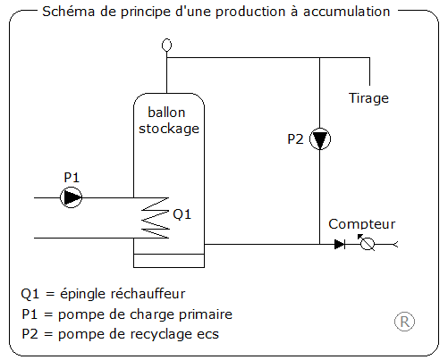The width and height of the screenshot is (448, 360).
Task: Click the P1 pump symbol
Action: pos(72,197)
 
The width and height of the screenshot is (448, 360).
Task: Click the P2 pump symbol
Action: pos(321,140)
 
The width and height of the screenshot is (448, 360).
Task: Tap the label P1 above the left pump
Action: pos(72,177)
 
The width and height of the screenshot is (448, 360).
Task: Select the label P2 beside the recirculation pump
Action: pos(296,139)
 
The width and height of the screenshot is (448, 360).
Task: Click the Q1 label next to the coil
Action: pos(182,214)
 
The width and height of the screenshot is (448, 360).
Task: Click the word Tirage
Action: pos(368,97)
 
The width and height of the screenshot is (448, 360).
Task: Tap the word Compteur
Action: pos(361,224)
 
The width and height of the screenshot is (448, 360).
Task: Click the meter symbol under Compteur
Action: pos(367,244)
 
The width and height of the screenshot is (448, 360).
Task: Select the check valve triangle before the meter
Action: pos(340,244)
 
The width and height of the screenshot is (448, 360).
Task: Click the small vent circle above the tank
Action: pos(165,44)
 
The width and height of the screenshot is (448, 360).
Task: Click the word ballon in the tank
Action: pos(165,113)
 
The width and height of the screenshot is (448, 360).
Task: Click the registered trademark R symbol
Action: pos(404,322)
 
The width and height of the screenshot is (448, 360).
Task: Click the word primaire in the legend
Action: pos(205,314)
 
